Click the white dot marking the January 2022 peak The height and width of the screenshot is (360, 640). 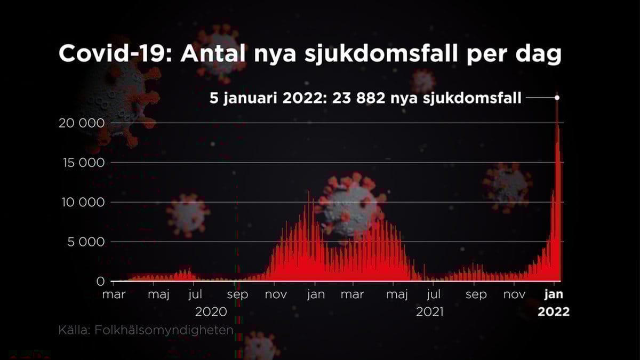[557, 98]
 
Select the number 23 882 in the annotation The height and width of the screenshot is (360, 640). [359, 98]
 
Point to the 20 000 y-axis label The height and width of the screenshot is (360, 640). [82, 123]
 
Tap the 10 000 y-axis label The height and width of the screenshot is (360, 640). [83, 203]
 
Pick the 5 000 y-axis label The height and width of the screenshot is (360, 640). [86, 242]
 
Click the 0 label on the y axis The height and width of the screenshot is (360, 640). [101, 282]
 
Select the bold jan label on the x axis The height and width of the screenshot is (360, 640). [554, 294]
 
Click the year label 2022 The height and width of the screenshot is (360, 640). [554, 311]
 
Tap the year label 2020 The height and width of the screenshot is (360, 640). [211, 311]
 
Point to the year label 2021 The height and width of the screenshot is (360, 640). [430, 311]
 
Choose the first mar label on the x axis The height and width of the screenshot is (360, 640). [114, 294]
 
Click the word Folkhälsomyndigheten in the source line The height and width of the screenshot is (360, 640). [164, 330]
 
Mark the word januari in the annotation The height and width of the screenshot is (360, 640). [250, 99]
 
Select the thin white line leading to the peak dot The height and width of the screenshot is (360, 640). [540, 98]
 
